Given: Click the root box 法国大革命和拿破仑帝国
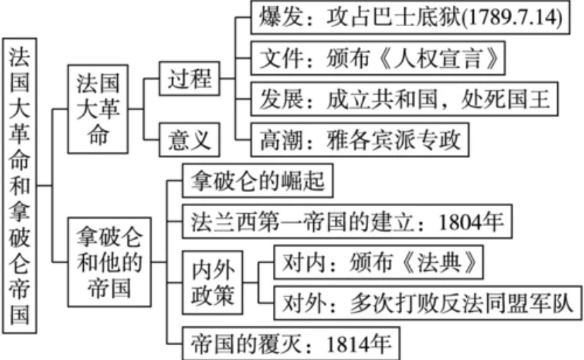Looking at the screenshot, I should point(21,184).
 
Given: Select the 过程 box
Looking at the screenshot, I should point(190,79).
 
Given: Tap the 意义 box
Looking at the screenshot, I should point(190,138).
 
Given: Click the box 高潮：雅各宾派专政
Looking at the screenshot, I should point(360,139).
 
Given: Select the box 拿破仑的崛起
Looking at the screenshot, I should point(257,181).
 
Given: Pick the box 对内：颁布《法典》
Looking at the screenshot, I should point(382,263).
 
